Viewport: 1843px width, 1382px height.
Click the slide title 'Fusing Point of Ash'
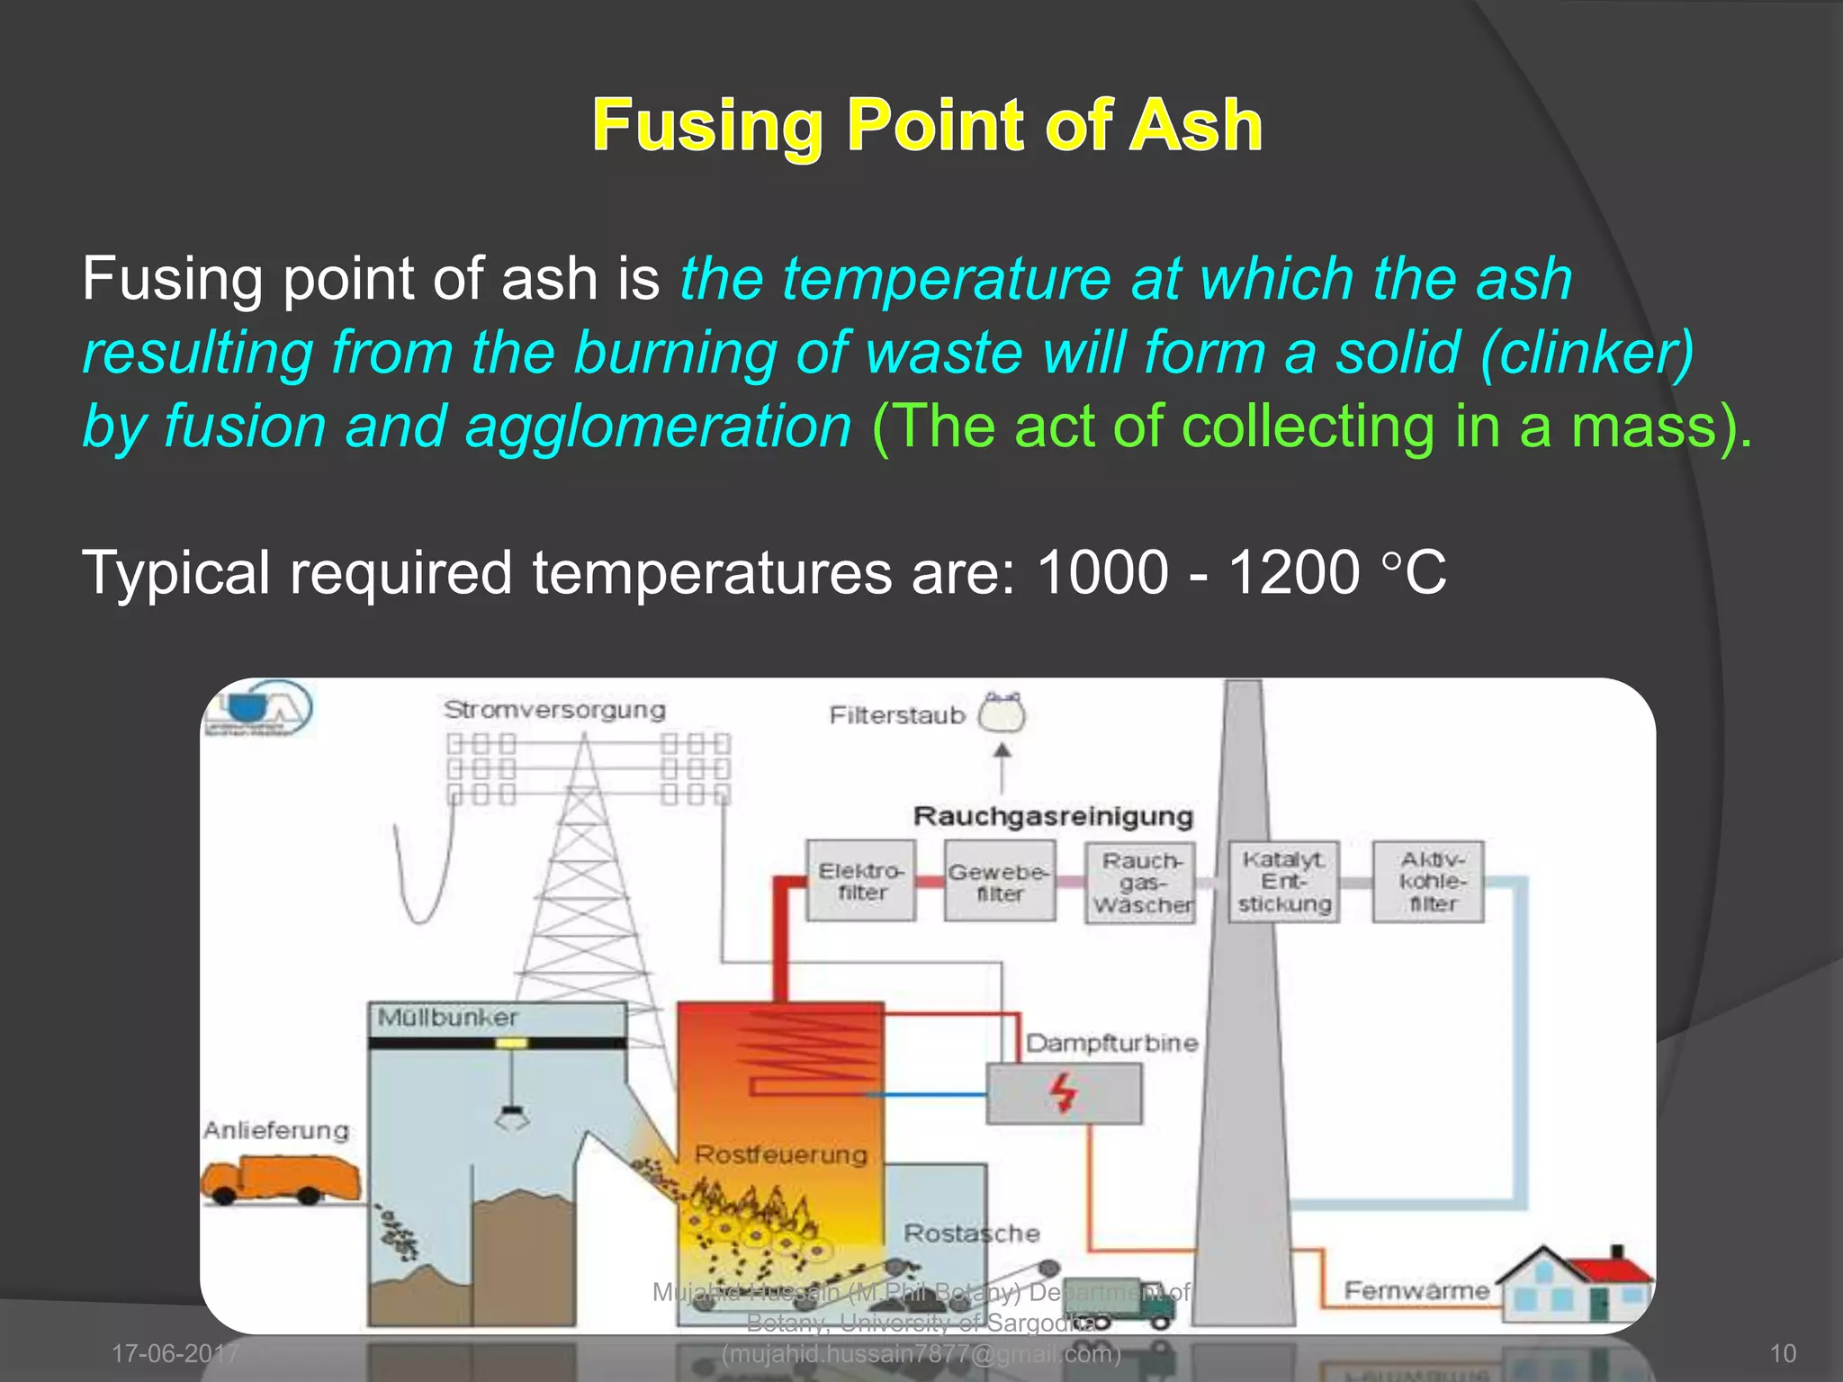[927, 125]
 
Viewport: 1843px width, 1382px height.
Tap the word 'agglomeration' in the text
[657, 426]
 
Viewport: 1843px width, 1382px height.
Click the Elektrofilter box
[861, 881]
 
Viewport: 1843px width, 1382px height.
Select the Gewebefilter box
[1000, 882]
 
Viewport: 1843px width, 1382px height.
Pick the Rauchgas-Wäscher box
[1141, 882]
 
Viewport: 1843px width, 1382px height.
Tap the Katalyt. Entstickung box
[1284, 882]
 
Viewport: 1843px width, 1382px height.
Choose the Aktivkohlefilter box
[1428, 882]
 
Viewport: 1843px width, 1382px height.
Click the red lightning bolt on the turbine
[1064, 1093]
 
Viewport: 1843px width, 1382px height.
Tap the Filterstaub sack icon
[1002, 713]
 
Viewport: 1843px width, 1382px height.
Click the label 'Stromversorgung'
[554, 710]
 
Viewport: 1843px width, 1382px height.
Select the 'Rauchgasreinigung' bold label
[1053, 816]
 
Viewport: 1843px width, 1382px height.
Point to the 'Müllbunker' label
[447, 1018]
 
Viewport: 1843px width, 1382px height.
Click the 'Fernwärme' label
[1416, 1290]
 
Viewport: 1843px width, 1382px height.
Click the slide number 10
[1783, 1353]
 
